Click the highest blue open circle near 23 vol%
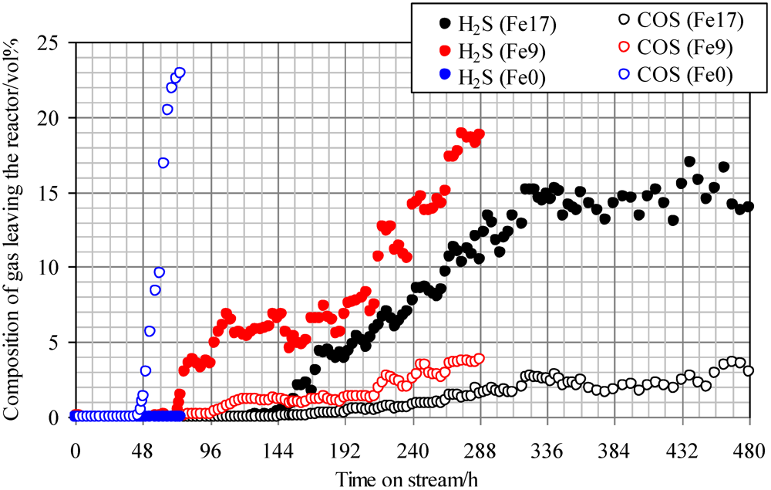180,73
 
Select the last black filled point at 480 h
748,207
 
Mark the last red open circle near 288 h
479,358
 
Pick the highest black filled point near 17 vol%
689,162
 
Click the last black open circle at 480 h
748,370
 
